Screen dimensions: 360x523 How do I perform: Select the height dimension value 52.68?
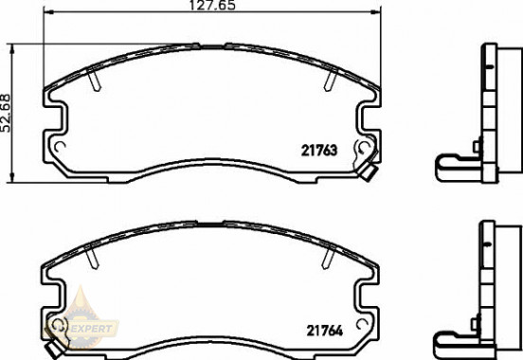[x=7, y=112]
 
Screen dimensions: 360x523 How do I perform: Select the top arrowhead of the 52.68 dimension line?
[x=10, y=46]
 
